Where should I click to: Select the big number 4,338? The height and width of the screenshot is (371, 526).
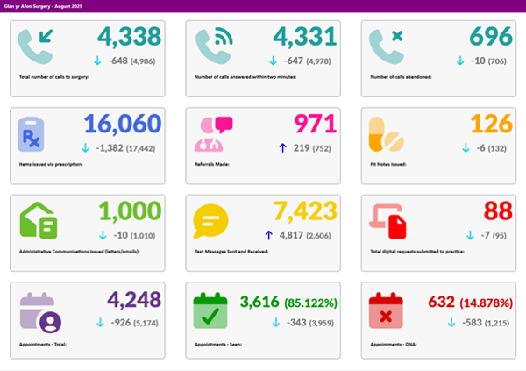(130, 37)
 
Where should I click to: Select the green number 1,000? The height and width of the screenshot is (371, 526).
(130, 210)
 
